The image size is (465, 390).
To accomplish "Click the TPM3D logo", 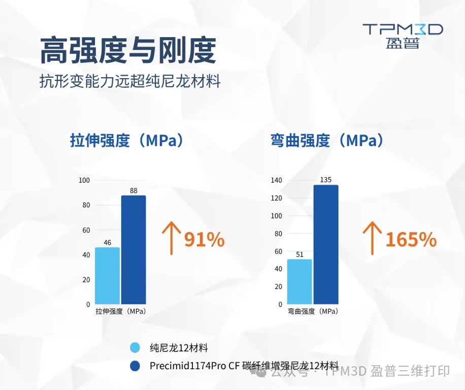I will (403, 35).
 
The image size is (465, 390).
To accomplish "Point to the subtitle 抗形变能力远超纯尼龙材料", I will (130, 81).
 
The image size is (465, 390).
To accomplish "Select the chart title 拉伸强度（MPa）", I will (126, 140).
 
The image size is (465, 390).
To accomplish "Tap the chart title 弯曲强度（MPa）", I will (327, 140).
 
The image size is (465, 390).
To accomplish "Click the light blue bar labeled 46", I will (108, 276).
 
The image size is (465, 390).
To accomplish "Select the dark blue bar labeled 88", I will (134, 250).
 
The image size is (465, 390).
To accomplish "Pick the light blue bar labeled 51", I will (300, 282).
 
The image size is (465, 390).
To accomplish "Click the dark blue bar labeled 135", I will (326, 244).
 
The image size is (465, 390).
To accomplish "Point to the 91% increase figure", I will (204, 239).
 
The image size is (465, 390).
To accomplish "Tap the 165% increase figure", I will (411, 239).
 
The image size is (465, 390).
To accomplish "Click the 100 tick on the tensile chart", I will (84, 180).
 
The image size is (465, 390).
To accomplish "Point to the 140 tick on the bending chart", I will (276, 180).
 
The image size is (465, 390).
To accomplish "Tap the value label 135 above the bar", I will (325, 180).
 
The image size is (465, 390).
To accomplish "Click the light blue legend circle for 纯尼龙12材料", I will (135, 348).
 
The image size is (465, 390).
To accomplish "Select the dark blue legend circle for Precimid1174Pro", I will (135, 366).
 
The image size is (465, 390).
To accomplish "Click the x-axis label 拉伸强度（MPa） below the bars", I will (121, 311).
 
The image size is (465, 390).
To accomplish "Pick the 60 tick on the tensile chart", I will (86, 230).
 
